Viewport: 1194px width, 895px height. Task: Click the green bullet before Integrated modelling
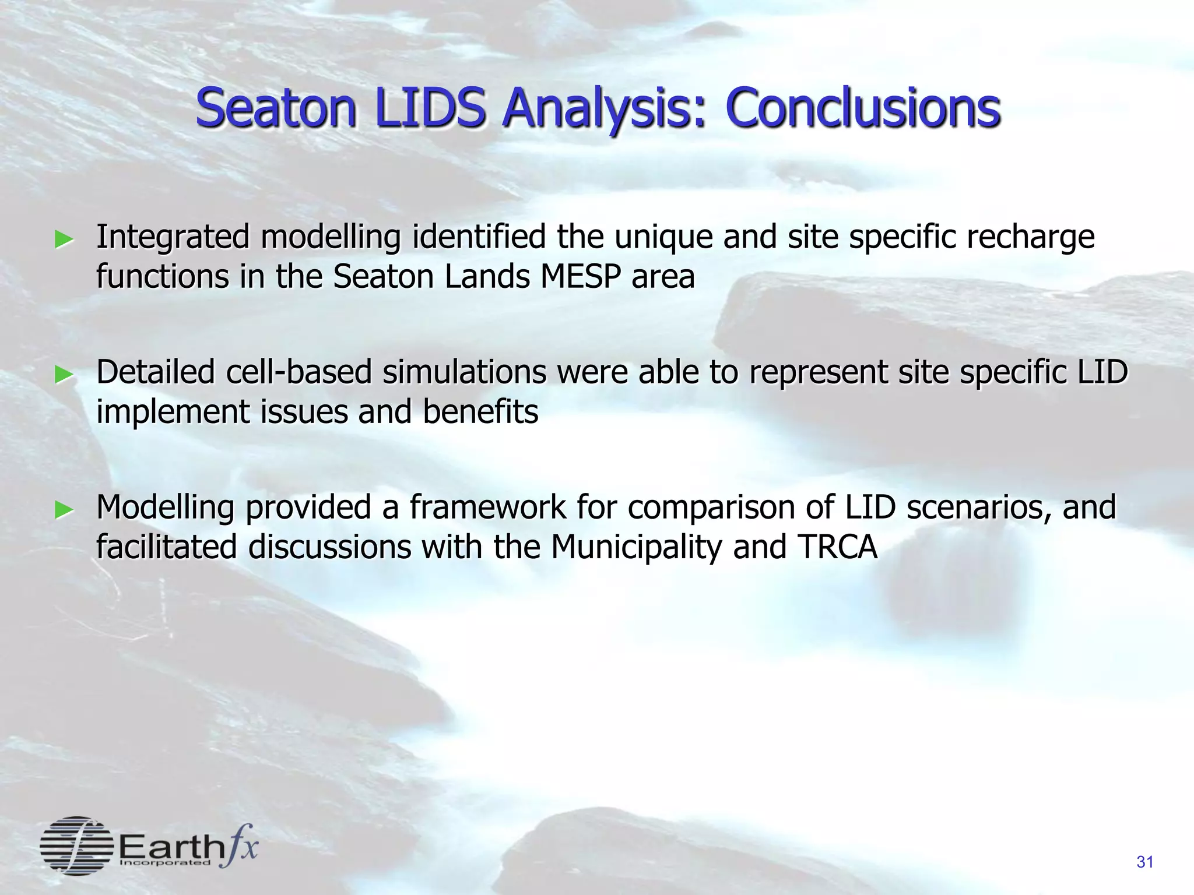64,239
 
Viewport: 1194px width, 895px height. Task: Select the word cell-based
298,372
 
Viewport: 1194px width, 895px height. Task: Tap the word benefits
480,412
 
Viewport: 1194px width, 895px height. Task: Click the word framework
487,508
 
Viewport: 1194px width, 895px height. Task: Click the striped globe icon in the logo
76,845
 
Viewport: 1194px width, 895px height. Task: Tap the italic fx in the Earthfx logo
239,846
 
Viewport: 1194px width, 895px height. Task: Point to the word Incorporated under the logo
164,863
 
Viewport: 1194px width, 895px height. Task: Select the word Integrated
173,238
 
